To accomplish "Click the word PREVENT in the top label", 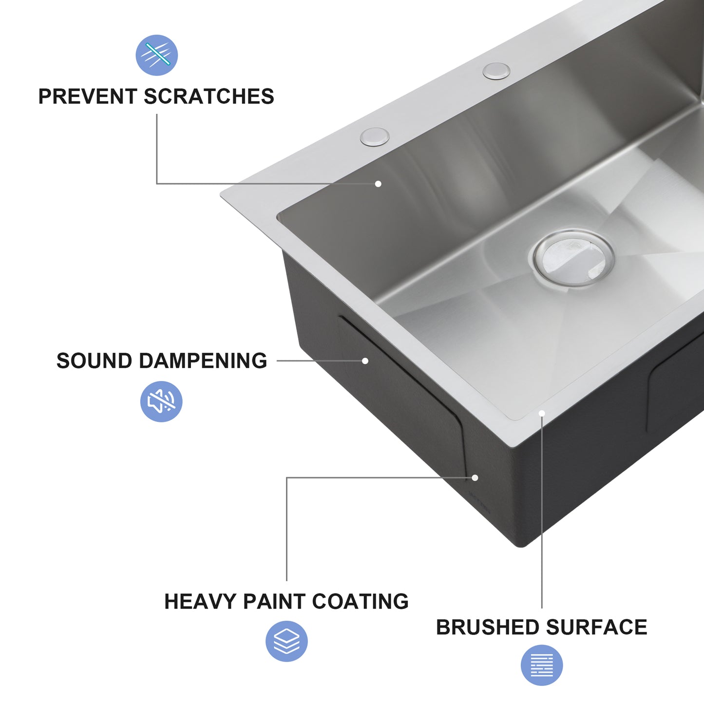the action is (88, 96).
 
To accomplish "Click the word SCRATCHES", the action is (209, 96).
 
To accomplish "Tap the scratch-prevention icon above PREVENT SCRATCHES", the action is (156, 55).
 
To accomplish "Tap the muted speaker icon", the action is (161, 401).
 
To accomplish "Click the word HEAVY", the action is (200, 602).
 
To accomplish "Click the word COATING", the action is (360, 602).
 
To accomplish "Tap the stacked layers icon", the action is (286, 641).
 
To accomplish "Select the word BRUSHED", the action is (487, 628).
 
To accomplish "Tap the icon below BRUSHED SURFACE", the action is (542, 665).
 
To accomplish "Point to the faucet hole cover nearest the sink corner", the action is (375, 136).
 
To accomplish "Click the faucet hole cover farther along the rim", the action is (496, 71).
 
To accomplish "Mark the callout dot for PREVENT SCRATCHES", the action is (378, 184).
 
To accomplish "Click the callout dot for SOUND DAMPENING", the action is (365, 361).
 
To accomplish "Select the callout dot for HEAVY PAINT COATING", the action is (475, 478).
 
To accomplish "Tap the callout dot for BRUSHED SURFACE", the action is (542, 414).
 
